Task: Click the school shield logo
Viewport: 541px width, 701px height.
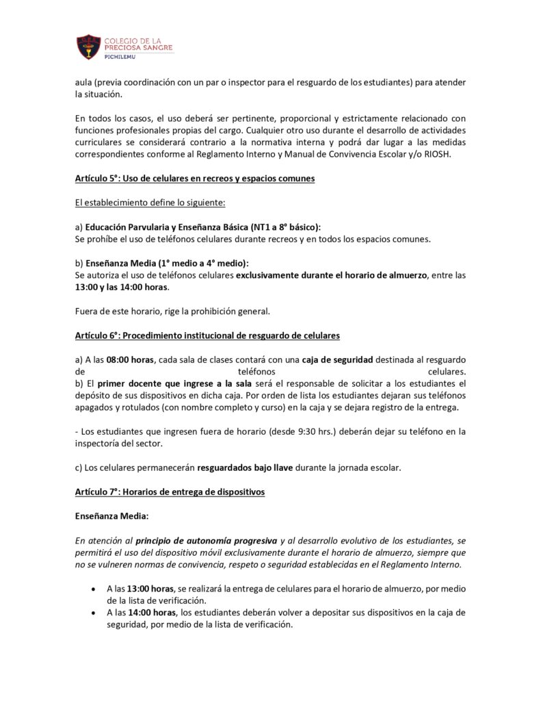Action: click(88, 46)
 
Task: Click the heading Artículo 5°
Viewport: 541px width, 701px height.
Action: click(195, 179)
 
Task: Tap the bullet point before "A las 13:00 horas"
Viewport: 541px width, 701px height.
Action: click(92, 588)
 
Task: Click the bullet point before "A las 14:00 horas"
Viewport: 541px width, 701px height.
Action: click(92, 612)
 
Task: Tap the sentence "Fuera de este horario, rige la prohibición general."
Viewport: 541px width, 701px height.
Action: click(172, 311)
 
